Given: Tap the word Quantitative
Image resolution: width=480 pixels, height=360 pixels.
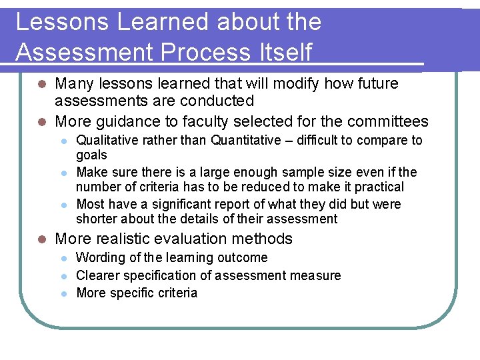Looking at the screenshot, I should click(245, 140).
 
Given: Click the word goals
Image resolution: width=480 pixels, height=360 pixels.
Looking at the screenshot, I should click(92, 155).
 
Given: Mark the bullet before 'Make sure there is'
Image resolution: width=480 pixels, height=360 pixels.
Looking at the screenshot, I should click(63, 172).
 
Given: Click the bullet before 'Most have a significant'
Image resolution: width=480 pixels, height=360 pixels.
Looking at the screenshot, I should click(63, 204).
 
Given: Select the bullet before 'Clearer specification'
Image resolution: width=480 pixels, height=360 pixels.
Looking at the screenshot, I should click(63, 275).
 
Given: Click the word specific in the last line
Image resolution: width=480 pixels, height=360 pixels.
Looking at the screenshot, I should click(129, 293).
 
